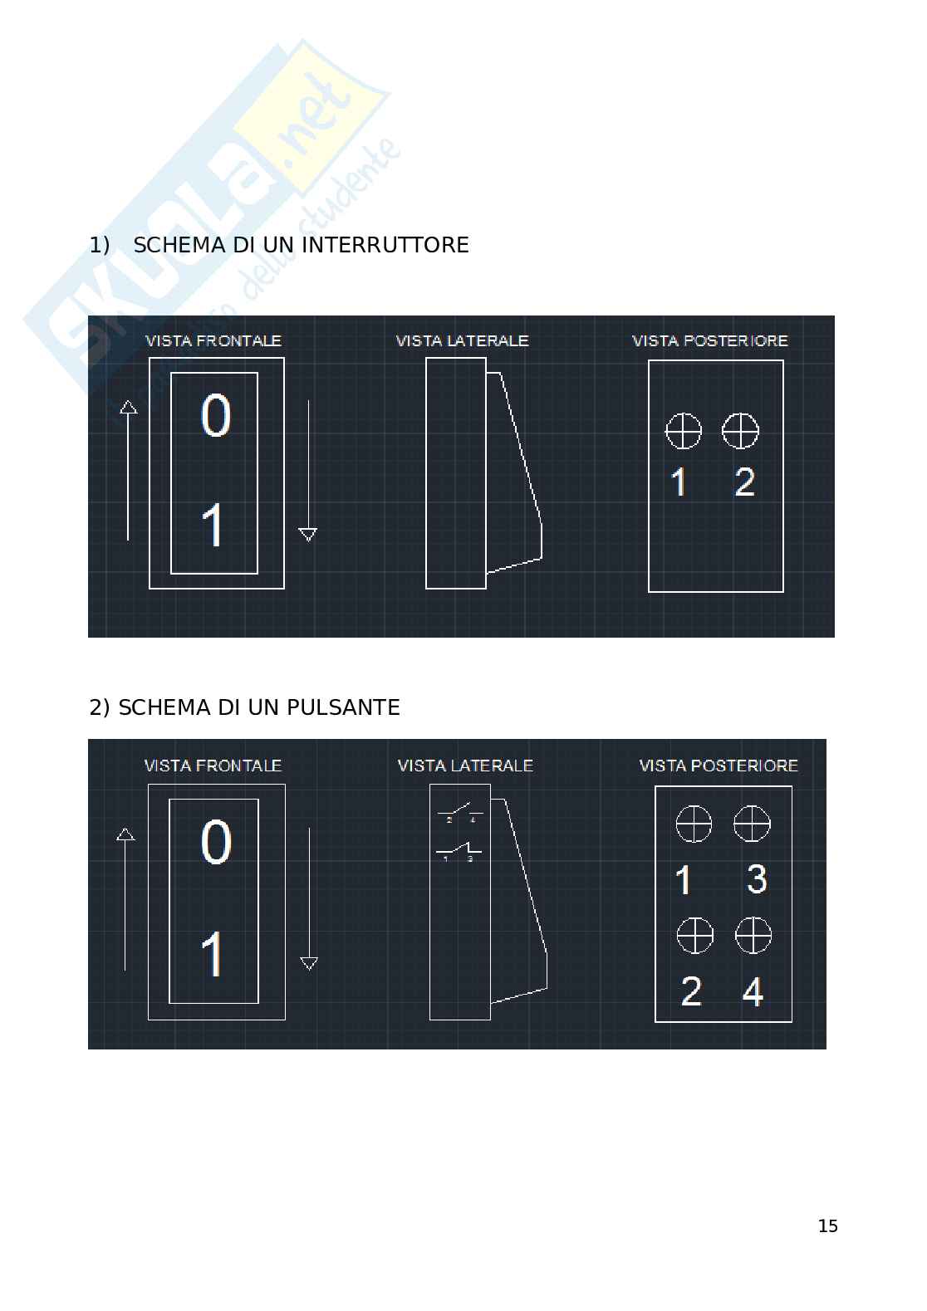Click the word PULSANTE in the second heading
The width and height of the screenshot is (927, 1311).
pyautogui.click(x=343, y=708)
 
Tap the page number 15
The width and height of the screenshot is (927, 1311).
pyautogui.click(x=827, y=1226)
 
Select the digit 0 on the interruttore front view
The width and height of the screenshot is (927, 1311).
pyautogui.click(x=216, y=416)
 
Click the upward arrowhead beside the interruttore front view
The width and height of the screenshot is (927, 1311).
pyautogui.click(x=128, y=407)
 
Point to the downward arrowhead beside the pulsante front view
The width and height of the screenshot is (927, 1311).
pyautogui.click(x=309, y=963)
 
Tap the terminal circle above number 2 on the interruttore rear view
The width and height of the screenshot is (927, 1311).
pyautogui.click(x=740, y=431)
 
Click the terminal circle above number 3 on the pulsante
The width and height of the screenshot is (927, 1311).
pyautogui.click(x=752, y=824)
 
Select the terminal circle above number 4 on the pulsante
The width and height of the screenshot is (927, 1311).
pyautogui.click(x=753, y=936)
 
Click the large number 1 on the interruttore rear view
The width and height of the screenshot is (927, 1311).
pyautogui.click(x=679, y=482)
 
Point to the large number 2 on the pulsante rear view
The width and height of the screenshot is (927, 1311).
pyautogui.click(x=691, y=991)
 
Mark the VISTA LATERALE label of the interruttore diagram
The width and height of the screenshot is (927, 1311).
pyautogui.click(x=462, y=340)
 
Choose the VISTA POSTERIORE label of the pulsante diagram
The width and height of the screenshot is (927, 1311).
pyautogui.click(x=719, y=766)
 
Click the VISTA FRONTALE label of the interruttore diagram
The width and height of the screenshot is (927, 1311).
pyautogui.click(x=213, y=340)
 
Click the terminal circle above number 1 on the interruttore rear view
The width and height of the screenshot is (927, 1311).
pyautogui.click(x=684, y=431)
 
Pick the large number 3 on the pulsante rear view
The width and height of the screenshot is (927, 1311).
pyautogui.click(x=756, y=879)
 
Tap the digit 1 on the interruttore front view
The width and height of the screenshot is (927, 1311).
pyautogui.click(x=213, y=526)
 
